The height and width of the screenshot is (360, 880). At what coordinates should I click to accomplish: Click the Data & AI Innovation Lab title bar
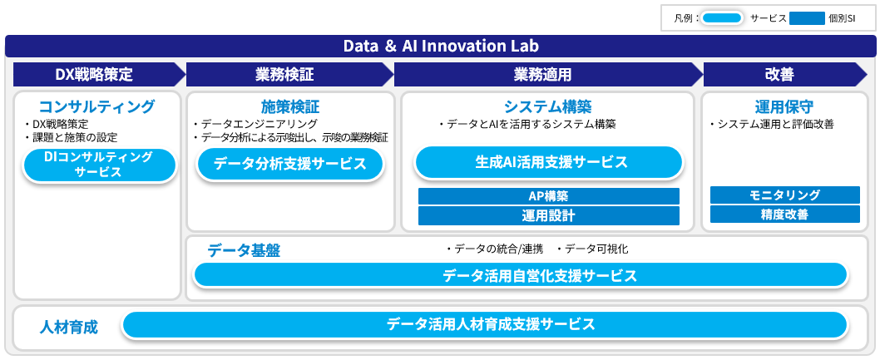pyautogui.click(x=440, y=46)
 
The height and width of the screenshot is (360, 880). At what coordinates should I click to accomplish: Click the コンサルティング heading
pyautogui.click(x=97, y=106)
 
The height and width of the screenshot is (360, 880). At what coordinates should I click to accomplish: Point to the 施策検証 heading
pyautogui.click(x=289, y=106)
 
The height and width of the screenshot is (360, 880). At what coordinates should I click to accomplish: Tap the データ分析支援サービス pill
pyautogui.click(x=289, y=164)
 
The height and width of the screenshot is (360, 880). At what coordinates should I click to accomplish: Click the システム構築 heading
pyautogui.click(x=547, y=106)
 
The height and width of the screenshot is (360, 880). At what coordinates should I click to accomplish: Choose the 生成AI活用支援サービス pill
pyautogui.click(x=547, y=162)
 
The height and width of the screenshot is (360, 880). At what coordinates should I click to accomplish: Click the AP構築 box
pyautogui.click(x=548, y=196)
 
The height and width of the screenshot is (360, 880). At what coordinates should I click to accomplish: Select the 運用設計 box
pyautogui.click(x=548, y=215)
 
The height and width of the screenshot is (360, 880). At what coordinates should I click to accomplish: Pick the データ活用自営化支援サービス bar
pyautogui.click(x=520, y=275)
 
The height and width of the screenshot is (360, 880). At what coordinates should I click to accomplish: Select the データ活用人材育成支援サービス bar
pyautogui.click(x=485, y=324)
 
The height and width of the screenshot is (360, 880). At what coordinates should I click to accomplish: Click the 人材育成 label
pyautogui.click(x=69, y=327)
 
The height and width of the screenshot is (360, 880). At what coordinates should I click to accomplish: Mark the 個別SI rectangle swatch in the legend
pyautogui.click(x=806, y=17)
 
